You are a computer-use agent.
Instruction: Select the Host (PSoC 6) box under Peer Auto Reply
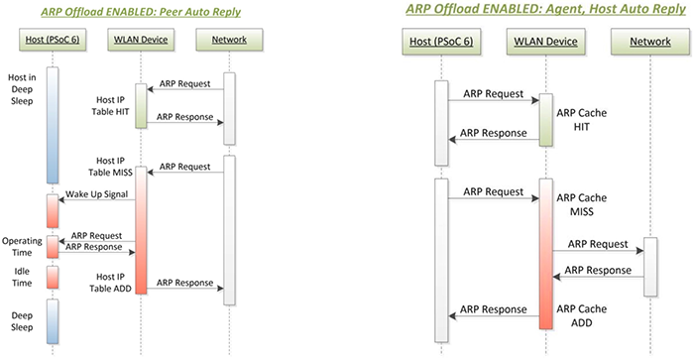(52, 40)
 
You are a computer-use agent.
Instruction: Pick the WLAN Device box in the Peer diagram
(140, 40)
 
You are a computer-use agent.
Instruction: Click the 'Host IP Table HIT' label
(110, 105)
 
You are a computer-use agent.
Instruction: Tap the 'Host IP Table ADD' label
(110, 281)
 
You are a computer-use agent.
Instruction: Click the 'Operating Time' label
(21, 247)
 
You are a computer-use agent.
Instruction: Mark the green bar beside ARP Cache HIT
(544, 120)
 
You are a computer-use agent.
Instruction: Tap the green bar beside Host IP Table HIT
(141, 105)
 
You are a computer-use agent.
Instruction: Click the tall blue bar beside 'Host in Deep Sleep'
(53, 124)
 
